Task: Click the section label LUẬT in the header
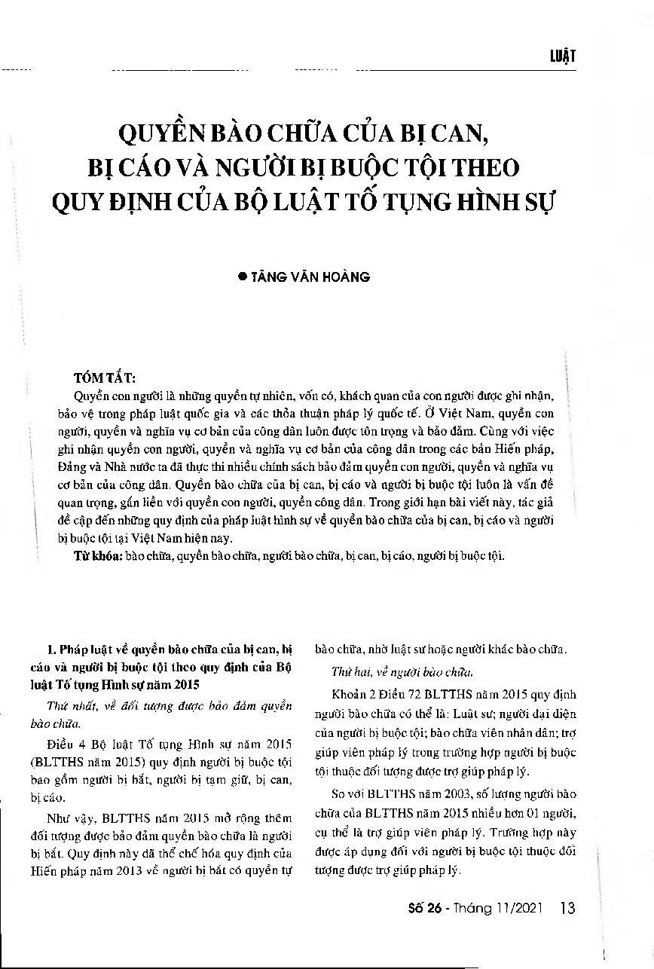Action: coord(562,58)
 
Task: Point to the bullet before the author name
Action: coord(243,277)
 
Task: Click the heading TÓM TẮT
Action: coord(104,377)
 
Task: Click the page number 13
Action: coord(568,907)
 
